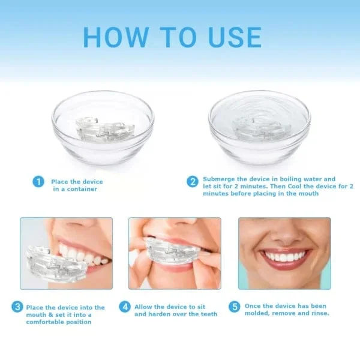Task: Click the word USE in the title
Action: click(x=231, y=37)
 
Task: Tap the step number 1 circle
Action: click(x=38, y=181)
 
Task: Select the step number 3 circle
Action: click(x=17, y=308)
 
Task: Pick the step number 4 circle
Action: click(x=125, y=307)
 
